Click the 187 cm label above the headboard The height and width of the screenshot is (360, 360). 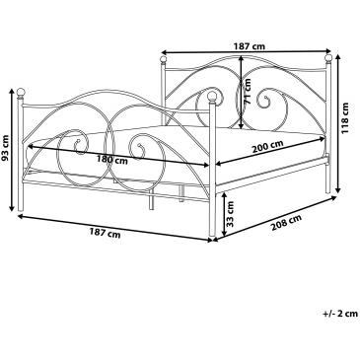pyautogui.click(x=250, y=46)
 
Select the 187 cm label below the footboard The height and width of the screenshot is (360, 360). pyautogui.click(x=105, y=234)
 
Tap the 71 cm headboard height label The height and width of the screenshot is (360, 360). pyautogui.click(x=248, y=91)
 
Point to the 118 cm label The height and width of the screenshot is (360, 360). pyautogui.click(x=344, y=118)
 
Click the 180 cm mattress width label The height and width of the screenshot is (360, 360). pyautogui.click(x=112, y=160)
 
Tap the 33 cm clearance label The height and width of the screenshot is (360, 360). pyautogui.click(x=231, y=214)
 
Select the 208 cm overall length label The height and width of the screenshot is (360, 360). pyautogui.click(x=286, y=223)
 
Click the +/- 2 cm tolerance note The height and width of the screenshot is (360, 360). pyautogui.click(x=340, y=314)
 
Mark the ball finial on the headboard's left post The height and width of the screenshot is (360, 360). pyautogui.click(x=163, y=60)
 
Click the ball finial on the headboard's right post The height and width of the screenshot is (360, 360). pyautogui.click(x=328, y=58)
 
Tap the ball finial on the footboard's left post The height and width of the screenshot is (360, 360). pyautogui.click(x=21, y=92)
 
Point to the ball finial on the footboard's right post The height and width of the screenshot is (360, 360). pyautogui.click(x=212, y=96)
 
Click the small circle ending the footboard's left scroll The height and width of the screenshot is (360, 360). pyautogui.click(x=78, y=142)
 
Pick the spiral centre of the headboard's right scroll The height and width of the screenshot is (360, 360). pyautogui.click(x=264, y=98)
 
